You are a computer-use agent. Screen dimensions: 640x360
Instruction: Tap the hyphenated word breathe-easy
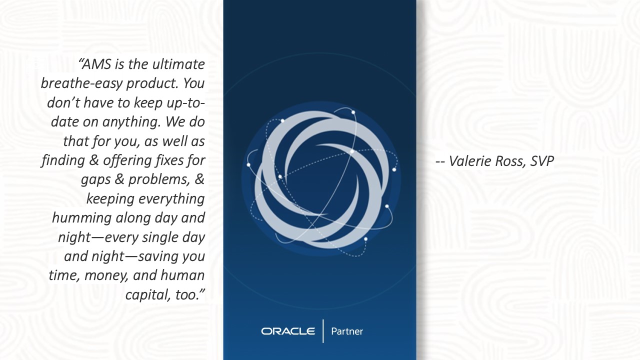click(x=82, y=83)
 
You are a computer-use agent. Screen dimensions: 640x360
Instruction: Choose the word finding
click(x=63, y=160)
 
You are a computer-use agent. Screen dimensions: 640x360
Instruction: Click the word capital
click(x=144, y=295)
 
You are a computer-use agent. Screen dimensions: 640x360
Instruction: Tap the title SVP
click(x=542, y=161)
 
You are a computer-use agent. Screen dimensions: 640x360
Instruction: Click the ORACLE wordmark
click(x=288, y=331)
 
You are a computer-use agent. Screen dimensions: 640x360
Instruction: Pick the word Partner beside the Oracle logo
click(x=347, y=331)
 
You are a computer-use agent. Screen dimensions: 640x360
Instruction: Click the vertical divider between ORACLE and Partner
click(x=323, y=331)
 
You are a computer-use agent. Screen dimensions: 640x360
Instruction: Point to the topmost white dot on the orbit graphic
click(x=353, y=112)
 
